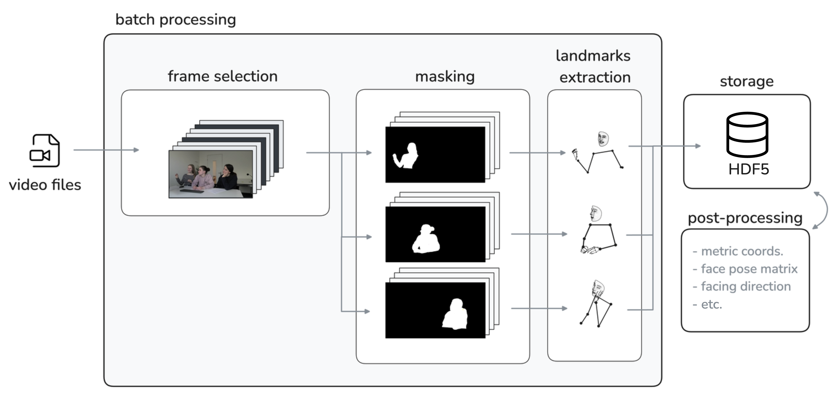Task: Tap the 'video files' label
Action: (45, 185)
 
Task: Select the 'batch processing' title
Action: (176, 19)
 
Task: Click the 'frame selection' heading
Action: (223, 77)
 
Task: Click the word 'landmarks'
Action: (593, 56)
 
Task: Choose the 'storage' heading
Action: (746, 81)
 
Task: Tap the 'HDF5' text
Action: (748, 169)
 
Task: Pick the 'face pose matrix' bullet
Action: (749, 269)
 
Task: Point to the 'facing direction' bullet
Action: (746, 286)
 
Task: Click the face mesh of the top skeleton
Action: (603, 139)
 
